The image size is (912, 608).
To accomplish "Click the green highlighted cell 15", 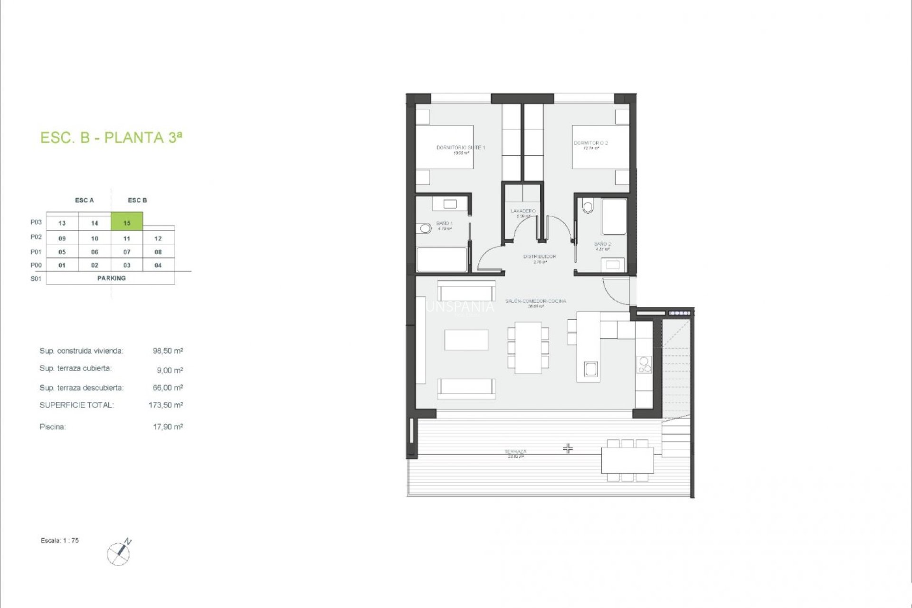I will (x=127, y=222).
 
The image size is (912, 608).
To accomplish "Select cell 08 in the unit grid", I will (x=158, y=252).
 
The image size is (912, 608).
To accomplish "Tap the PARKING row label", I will (x=111, y=278).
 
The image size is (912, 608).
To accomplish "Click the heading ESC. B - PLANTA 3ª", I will (x=111, y=138).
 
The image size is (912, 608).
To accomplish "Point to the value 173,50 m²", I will (x=166, y=405).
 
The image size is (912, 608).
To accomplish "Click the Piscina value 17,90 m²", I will (x=168, y=427).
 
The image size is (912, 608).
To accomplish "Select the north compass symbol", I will (x=119, y=552).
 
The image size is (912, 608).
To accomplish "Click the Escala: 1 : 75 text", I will (x=60, y=541).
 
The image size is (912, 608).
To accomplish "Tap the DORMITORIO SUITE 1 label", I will (x=460, y=148).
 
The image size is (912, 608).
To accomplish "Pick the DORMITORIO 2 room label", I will (x=590, y=143).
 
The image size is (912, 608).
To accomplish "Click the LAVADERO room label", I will (x=523, y=211).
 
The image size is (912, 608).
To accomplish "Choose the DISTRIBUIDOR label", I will (x=540, y=256).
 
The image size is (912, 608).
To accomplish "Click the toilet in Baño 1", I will (x=425, y=229).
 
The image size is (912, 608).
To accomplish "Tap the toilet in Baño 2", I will (x=588, y=206).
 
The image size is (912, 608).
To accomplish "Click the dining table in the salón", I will (x=528, y=348).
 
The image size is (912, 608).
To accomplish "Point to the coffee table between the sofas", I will (x=466, y=340).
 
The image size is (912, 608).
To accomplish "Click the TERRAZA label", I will (x=515, y=452).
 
